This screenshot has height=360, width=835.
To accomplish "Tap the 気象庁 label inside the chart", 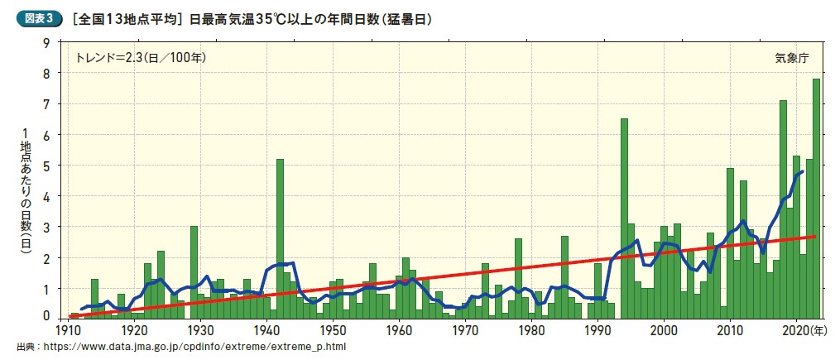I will coord(791,58).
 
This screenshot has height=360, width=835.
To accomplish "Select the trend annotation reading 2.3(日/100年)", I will coord(140,58).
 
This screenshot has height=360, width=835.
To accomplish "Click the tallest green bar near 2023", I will coord(816,199).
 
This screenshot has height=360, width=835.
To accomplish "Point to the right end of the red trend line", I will coord(815,237).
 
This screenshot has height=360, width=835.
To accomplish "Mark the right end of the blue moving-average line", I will coord(802,171).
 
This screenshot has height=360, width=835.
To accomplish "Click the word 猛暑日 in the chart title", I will coord(409,17).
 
